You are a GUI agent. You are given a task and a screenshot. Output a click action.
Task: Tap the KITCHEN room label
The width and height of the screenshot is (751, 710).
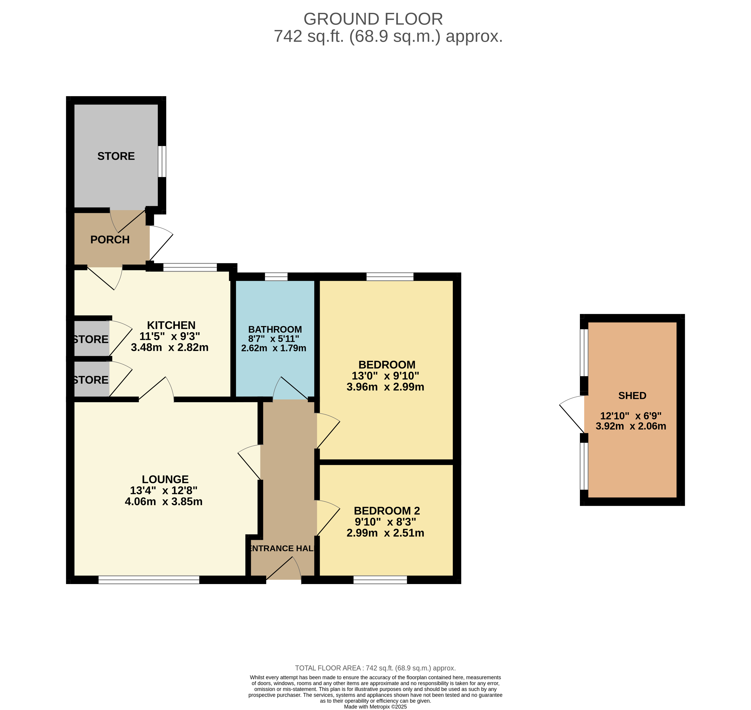click(171, 325)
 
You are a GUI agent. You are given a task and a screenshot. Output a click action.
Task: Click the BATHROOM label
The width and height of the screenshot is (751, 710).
click(275, 329)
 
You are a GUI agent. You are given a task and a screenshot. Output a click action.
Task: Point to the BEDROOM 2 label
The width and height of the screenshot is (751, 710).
click(387, 511)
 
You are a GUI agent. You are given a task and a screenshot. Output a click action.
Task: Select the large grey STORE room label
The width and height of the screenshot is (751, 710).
click(116, 156)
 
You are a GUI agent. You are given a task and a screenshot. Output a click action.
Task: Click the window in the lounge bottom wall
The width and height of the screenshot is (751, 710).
click(149, 580)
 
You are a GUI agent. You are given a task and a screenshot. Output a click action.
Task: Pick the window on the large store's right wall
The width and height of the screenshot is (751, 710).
click(162, 161)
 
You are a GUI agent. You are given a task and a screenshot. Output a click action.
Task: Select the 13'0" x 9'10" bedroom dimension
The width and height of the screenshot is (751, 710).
click(385, 376)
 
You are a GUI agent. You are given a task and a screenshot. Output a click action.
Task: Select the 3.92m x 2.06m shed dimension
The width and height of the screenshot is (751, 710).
click(631, 426)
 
